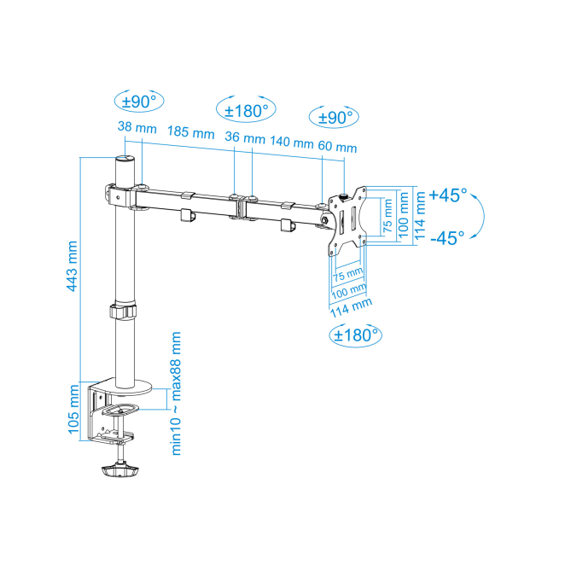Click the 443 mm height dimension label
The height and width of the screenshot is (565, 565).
click(72, 266)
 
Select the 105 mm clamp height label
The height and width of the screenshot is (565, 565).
click(73, 410)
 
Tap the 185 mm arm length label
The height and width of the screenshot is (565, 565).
click(190, 132)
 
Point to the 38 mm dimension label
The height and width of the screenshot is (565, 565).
click(137, 127)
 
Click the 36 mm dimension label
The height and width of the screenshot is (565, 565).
click(245, 137)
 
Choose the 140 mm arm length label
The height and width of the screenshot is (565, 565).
click(292, 142)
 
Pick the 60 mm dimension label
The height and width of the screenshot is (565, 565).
click(337, 146)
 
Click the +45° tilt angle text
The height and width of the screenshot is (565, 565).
click(448, 195)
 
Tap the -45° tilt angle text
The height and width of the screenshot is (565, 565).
click(447, 238)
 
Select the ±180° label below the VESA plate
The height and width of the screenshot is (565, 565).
click(356, 335)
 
